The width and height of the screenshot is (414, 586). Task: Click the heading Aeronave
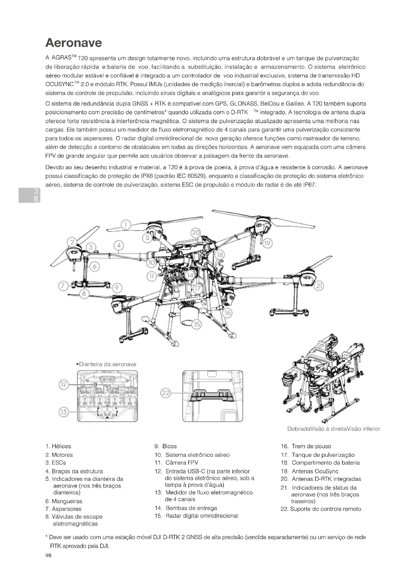tap(73, 43)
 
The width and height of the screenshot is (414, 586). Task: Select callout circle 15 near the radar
tap(196, 324)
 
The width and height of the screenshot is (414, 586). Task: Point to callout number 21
tap(319, 286)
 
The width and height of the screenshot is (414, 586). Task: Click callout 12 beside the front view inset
tap(64, 384)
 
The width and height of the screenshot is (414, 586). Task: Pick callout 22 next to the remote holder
tap(166, 393)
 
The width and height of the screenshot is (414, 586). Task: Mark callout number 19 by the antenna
tap(267, 243)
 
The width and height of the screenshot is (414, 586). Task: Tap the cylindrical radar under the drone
tap(189, 316)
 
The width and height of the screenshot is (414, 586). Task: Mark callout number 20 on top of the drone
tap(196, 233)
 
